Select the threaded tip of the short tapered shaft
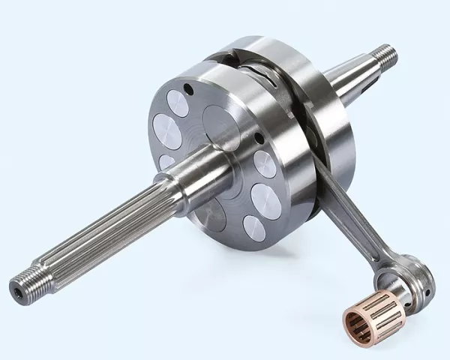coord(386,54)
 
